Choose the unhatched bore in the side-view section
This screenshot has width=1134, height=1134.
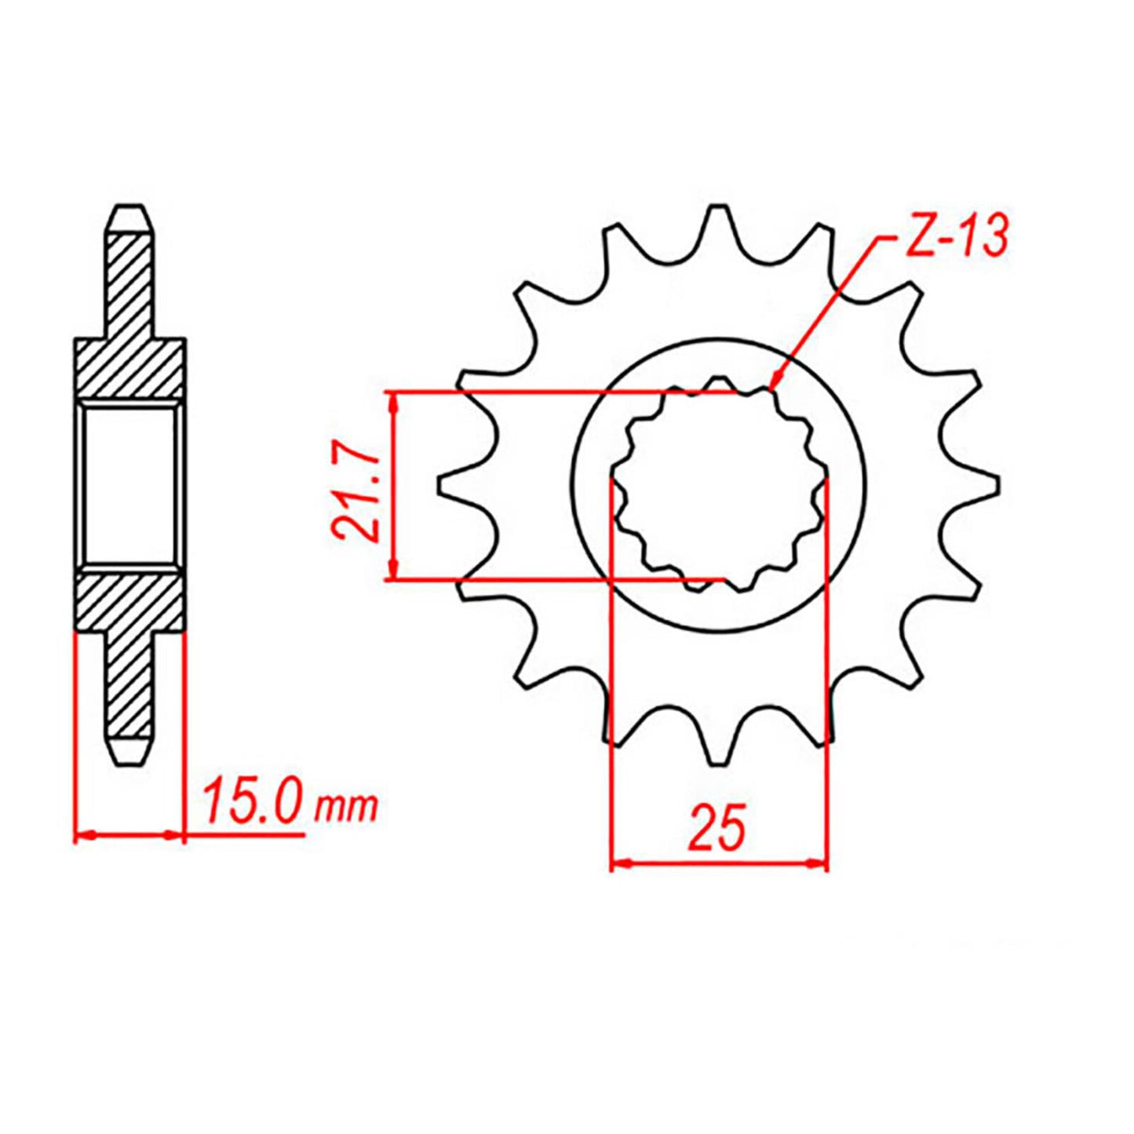click(x=129, y=484)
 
